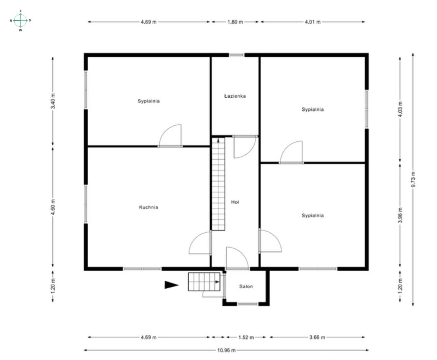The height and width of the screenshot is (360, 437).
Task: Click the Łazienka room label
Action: pyautogui.click(x=235, y=96)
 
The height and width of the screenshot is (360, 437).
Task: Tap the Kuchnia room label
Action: pyautogui.click(x=149, y=207)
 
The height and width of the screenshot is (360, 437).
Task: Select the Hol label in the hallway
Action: pyautogui.click(x=235, y=202)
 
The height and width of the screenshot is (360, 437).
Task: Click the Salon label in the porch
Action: pyautogui.click(x=246, y=286)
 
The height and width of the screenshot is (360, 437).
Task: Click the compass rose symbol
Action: pyautogui.click(x=21, y=20)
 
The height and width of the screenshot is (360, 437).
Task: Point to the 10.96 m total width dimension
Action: pyautogui.click(x=226, y=350)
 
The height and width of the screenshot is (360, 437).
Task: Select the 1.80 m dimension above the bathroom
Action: pyautogui.click(x=235, y=22)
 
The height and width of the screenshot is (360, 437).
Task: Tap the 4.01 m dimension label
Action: pyautogui.click(x=312, y=22)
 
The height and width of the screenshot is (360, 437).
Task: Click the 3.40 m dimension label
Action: pyautogui.click(x=53, y=101)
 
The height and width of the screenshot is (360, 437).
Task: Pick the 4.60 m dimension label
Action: pyautogui.click(x=53, y=207)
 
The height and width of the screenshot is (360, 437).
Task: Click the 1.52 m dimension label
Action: pyautogui.click(x=246, y=337)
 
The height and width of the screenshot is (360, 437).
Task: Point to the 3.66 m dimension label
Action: pyautogui.click(x=317, y=337)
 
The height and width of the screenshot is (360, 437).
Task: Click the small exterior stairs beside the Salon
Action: pyautogui.click(x=204, y=282)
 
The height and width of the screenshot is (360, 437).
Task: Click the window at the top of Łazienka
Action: pyautogui.click(x=237, y=55)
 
